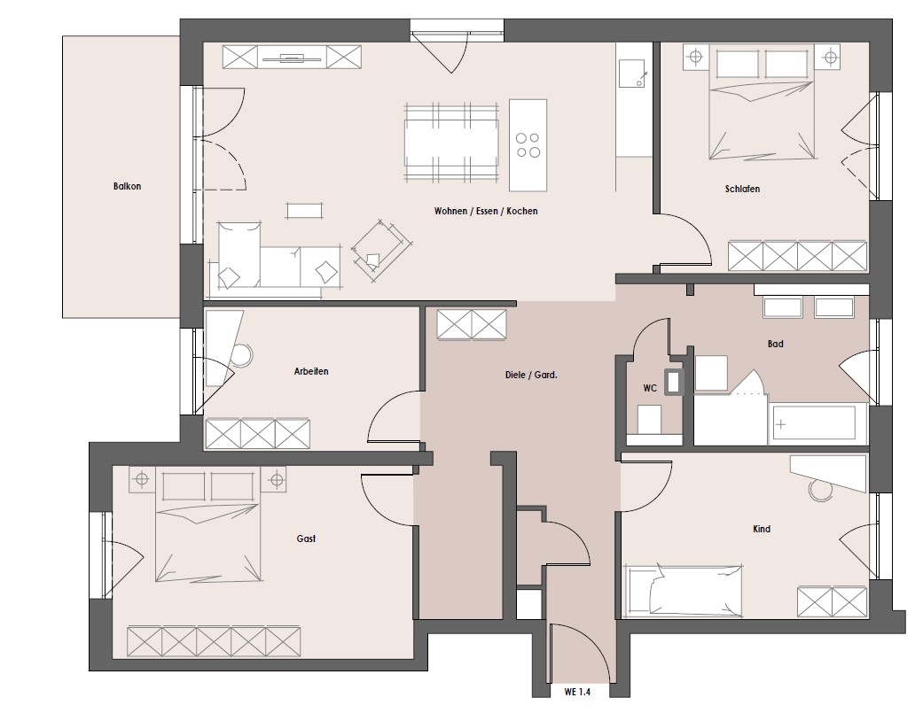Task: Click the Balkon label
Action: [127, 186]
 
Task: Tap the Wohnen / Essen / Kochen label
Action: [486, 211]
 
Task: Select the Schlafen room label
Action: [742, 190]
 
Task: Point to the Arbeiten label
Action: [311, 371]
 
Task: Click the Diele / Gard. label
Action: [531, 375]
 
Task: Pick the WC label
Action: [650, 389]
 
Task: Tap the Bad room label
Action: [775, 344]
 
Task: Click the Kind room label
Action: [762, 529]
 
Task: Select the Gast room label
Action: [306, 539]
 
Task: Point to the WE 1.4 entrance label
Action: [577, 692]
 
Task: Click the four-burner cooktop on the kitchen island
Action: [528, 145]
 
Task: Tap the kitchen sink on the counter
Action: [633, 73]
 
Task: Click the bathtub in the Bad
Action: [812, 422]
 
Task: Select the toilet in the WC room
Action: [650, 420]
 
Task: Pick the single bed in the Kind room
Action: [683, 590]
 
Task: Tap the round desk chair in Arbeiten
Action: [241, 355]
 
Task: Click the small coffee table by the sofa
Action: [304, 211]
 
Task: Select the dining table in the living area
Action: [451, 143]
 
